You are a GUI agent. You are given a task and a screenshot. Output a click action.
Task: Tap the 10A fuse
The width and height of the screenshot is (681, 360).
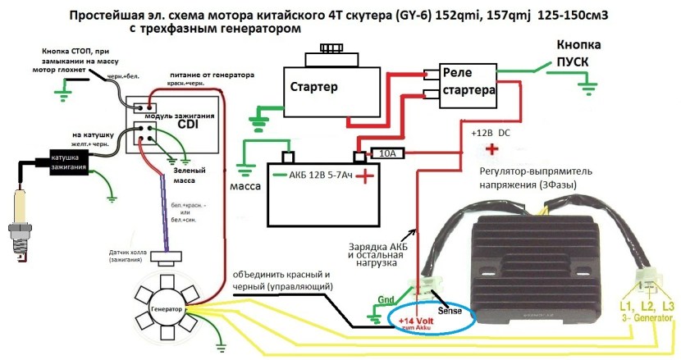coord(386,153)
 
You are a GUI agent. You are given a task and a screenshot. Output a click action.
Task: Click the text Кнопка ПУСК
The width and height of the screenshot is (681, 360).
coord(583,52)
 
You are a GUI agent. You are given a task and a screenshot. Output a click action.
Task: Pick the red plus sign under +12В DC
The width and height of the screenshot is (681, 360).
coord(491,148)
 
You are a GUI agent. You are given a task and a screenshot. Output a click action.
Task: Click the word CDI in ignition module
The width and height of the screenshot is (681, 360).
coord(186,125)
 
